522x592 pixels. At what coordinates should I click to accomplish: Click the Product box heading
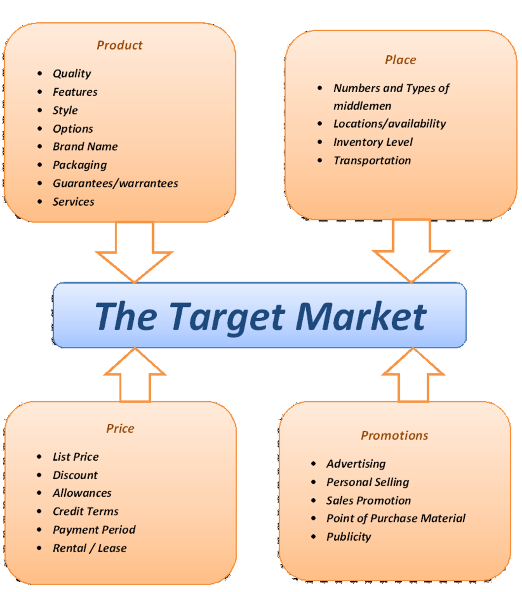[120, 45]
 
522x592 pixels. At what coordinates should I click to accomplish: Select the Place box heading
[401, 60]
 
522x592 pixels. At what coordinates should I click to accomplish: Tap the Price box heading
[120, 428]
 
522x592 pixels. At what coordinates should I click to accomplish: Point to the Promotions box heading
[394, 435]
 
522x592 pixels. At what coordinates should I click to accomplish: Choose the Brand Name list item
[85, 147]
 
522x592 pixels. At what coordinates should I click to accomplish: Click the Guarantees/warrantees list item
[115, 184]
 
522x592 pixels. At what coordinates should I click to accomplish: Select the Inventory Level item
[373, 142]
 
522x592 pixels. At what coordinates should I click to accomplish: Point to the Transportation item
[372, 160]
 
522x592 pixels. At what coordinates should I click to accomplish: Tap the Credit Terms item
[85, 512]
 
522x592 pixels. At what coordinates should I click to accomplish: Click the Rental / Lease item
[89, 548]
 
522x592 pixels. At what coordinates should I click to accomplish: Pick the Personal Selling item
[367, 482]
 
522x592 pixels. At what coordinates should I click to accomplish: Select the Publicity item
[348, 537]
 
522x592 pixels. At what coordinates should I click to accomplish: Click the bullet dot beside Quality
[40, 74]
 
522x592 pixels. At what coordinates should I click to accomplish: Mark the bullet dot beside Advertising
[314, 464]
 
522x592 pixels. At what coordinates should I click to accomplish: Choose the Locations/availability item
[389, 124]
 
